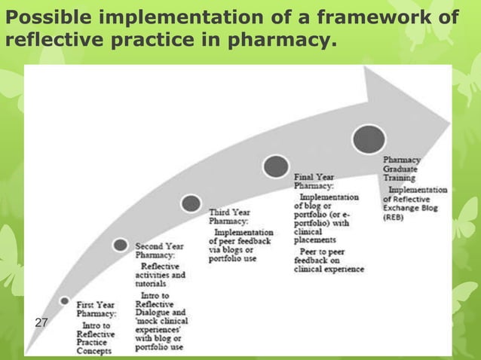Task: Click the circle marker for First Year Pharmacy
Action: click(65, 301)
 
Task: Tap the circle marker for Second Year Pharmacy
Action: click(120, 244)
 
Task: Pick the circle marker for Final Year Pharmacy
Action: click(276, 166)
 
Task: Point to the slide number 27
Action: click(41, 322)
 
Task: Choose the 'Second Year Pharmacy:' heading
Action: click(158, 251)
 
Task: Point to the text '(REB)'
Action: click(396, 216)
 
